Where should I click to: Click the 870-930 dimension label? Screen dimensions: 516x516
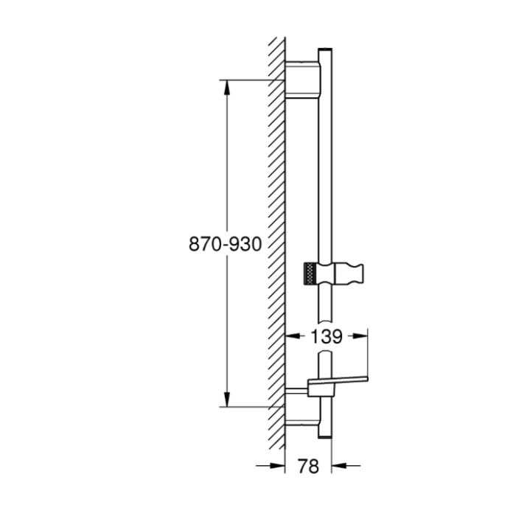[225, 245]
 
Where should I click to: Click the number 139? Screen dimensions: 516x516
[327, 337]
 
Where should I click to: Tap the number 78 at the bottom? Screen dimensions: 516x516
[308, 466]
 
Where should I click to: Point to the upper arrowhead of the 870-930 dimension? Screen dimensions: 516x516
[227, 88]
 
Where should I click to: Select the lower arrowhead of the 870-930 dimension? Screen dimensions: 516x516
[227, 400]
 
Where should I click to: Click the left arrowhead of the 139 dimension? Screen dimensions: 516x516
[293, 335]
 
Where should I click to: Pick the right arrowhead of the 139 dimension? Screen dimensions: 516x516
[360, 335]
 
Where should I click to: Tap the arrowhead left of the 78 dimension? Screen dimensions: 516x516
[277, 465]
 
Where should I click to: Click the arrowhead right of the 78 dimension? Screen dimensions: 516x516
[339, 465]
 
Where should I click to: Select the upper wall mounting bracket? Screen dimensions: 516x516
[302, 80]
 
